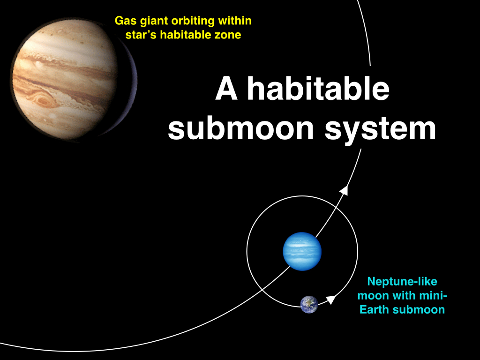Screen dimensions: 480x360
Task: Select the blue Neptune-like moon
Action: coord(302,251)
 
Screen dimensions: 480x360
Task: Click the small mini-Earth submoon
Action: coord(309,305)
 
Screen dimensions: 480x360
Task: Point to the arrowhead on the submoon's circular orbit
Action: coord(330,300)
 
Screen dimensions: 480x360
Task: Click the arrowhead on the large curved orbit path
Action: coord(345,190)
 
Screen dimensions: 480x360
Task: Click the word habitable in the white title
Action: coord(318,89)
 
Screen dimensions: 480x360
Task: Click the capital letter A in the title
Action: coord(226,89)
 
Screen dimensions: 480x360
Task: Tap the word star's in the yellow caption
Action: coord(141,35)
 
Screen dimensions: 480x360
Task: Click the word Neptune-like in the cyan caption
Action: coord(402,281)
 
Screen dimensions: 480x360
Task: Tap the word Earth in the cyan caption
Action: coord(375,310)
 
